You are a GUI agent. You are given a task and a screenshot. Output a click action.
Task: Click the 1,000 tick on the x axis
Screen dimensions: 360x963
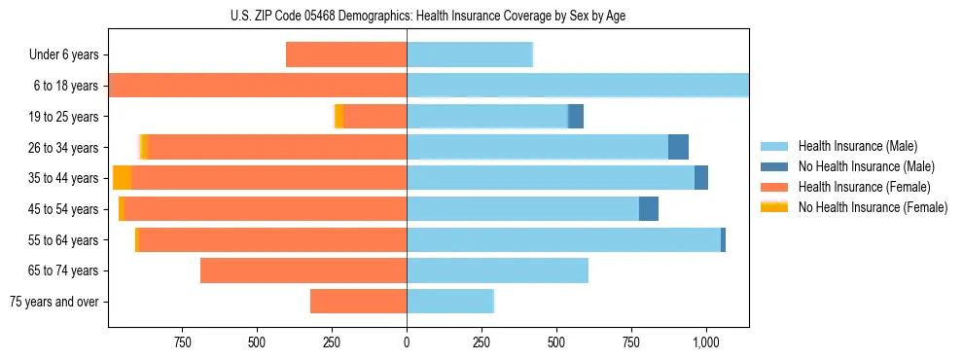705,342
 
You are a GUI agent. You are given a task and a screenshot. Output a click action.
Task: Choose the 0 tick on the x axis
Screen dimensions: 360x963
407,342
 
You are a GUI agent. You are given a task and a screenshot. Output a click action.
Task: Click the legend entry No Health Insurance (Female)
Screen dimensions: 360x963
873,207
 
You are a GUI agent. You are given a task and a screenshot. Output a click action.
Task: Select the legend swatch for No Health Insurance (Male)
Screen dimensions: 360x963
774,166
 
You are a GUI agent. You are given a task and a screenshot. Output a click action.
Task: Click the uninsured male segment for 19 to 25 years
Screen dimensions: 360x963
576,116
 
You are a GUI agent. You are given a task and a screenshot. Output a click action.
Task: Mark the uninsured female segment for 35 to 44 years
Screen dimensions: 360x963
123,178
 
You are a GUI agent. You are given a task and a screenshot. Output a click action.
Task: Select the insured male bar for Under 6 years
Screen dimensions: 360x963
470,54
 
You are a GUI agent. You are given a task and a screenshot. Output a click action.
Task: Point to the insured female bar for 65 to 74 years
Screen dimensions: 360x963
303,270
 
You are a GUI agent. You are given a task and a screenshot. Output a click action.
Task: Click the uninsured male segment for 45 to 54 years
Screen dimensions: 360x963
649,209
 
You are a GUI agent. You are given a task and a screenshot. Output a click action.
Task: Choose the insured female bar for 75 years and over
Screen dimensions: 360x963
358,302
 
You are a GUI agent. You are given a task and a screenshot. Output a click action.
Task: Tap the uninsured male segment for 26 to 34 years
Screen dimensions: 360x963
678,147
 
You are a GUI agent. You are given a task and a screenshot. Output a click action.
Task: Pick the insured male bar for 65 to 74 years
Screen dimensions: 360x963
497,270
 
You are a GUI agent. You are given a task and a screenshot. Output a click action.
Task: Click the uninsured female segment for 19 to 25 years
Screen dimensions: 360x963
339,116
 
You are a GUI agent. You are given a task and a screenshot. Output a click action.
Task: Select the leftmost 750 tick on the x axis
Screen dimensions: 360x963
182,342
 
